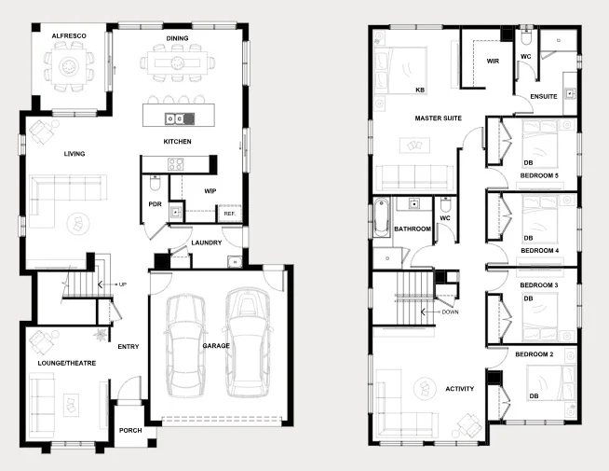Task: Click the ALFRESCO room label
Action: click(x=69, y=35)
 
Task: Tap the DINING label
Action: click(x=178, y=38)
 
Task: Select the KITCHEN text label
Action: click(x=178, y=142)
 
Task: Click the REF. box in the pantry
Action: click(x=229, y=214)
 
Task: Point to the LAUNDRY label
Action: click(x=206, y=243)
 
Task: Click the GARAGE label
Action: click(x=216, y=346)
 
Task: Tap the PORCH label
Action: click(x=130, y=431)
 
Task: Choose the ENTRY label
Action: click(x=129, y=347)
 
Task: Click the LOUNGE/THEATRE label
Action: click(x=62, y=361)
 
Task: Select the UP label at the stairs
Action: click(x=122, y=284)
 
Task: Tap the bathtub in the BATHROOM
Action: click(x=380, y=221)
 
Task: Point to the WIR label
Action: click(x=494, y=62)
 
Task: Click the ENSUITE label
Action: click(x=544, y=96)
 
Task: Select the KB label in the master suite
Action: click(x=421, y=90)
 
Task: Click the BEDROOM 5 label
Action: click(x=539, y=175)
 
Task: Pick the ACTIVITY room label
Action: click(x=460, y=389)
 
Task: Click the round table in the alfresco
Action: click(x=69, y=66)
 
